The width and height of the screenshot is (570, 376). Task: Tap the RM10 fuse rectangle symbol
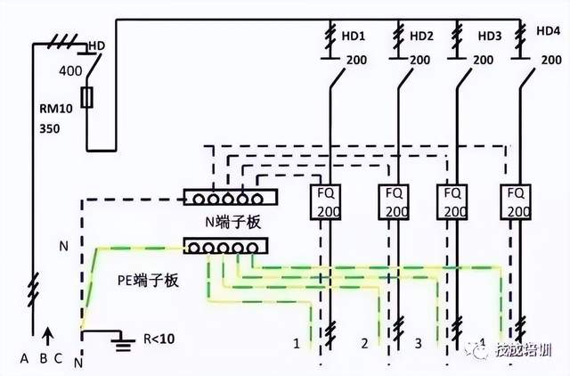tap(87, 98)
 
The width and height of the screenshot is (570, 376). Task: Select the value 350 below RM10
tap(51, 129)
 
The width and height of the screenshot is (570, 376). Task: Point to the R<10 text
tap(159, 339)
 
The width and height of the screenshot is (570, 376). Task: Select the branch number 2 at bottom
tap(364, 343)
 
